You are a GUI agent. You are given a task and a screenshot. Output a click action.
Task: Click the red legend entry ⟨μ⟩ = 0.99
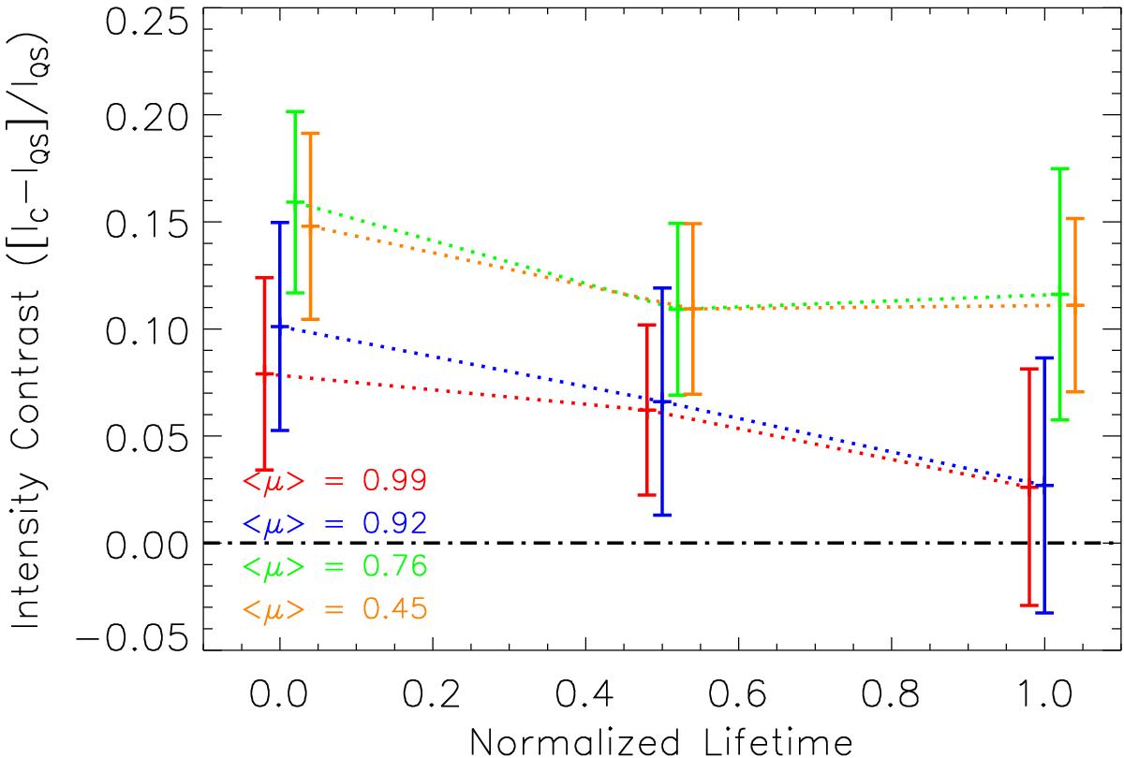(334, 481)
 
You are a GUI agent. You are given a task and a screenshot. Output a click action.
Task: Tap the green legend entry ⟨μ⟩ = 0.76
(334, 566)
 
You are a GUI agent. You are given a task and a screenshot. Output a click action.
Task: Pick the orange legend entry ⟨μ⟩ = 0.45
(334, 609)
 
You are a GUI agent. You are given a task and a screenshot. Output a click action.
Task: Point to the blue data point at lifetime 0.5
(662, 401)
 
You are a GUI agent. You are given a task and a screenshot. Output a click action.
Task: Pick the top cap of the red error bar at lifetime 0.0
(265, 278)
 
